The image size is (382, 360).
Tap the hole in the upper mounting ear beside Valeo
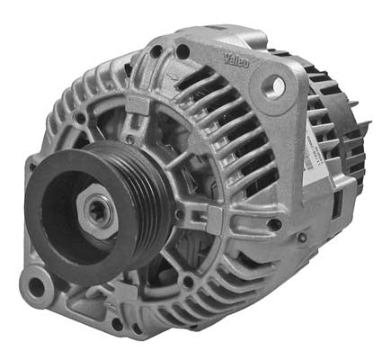coord(277,85)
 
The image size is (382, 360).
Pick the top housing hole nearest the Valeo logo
coord(183,52)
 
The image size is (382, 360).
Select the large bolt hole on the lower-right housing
coord(274,223)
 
